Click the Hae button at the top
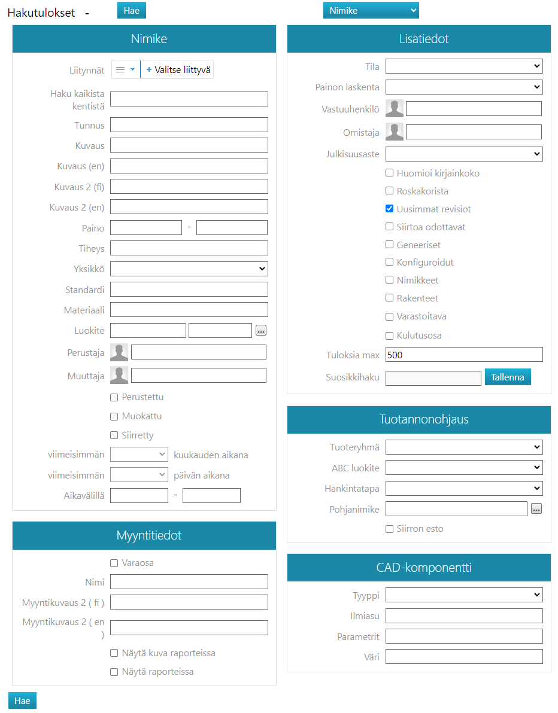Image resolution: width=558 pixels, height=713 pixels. (132, 10)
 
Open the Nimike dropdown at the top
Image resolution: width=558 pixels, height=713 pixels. (371, 10)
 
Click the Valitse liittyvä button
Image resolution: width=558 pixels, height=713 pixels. (178, 69)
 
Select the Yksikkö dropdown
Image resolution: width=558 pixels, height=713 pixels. (189, 269)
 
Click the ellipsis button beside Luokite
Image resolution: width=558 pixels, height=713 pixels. (260, 330)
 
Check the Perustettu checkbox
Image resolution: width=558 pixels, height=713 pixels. (114, 398)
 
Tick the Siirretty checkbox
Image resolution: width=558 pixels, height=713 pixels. (114, 435)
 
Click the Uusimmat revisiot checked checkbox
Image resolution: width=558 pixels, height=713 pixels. (390, 209)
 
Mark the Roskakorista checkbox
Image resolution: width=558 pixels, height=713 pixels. (390, 191)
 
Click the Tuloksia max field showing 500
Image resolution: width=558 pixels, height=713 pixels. (464, 355)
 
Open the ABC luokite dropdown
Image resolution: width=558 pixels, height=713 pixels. (464, 467)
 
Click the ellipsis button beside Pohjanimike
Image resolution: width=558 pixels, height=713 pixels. (536, 509)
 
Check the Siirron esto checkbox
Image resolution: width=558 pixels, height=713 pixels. (390, 529)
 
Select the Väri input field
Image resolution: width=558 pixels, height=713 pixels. (464, 656)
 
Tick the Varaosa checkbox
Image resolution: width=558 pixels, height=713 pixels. (114, 563)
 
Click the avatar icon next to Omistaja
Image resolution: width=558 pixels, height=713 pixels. (395, 132)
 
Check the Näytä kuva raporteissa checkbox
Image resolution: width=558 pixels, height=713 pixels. (114, 653)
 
